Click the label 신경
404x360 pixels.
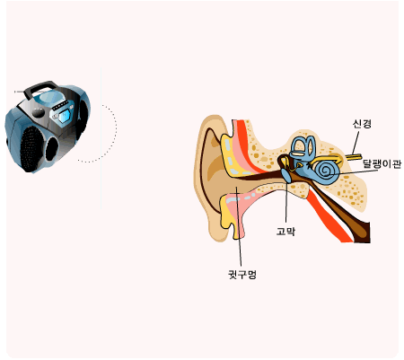[x=362, y=124]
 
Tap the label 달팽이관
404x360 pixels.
[x=382, y=164]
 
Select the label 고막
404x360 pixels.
[x=285, y=231]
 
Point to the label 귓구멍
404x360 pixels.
[x=242, y=274]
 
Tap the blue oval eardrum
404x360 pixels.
[x=286, y=176]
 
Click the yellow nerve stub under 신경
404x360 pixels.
[x=354, y=157]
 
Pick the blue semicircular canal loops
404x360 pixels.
[x=303, y=148]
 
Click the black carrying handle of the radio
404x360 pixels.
[x=40, y=87]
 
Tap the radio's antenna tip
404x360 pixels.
[x=15, y=92]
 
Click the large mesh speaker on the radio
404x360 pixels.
[x=31, y=149]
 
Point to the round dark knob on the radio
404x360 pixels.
[x=39, y=112]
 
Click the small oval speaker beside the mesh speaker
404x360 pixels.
[x=51, y=149]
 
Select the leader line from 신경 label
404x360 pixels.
[x=356, y=143]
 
